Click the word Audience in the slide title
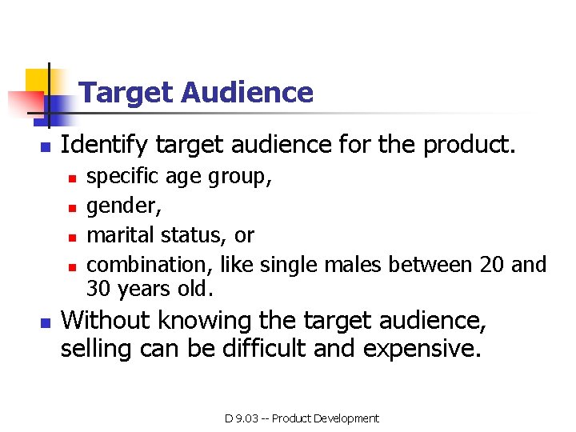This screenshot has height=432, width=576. [246, 93]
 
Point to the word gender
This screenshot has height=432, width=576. [122, 206]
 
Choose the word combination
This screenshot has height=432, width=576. [150, 263]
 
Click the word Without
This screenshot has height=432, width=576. [105, 320]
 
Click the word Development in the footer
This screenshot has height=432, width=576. [346, 418]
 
